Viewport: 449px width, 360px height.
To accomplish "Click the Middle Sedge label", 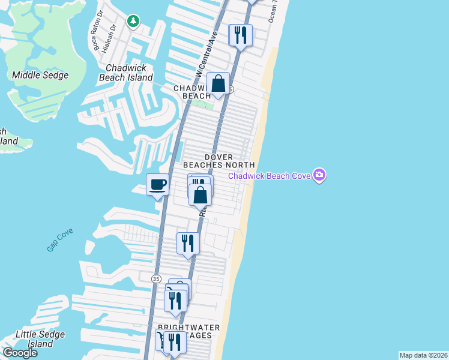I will pyautogui.click(x=40, y=75).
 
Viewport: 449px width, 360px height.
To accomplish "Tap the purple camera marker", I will pyautogui.click(x=319, y=175).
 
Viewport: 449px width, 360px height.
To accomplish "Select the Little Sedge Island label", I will pyautogui.click(x=34, y=339).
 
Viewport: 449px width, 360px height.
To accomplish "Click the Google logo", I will pyautogui.click(x=19, y=353).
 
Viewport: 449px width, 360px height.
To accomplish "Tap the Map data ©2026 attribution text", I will pyautogui.click(x=423, y=355).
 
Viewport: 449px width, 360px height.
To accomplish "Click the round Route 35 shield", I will pyautogui.click(x=156, y=278).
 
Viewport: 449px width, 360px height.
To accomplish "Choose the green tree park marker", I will pyautogui.click(x=133, y=22).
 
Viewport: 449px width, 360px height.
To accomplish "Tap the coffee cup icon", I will pyautogui.click(x=158, y=184).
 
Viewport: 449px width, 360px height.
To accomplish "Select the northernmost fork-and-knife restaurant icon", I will pyautogui.click(x=241, y=34).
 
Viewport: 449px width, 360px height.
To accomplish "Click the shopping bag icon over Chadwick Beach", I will pyautogui.click(x=218, y=83).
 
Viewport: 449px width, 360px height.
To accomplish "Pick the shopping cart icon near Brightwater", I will pyautogui.click(x=161, y=340).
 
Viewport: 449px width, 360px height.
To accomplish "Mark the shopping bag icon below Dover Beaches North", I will pyautogui.click(x=200, y=194).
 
